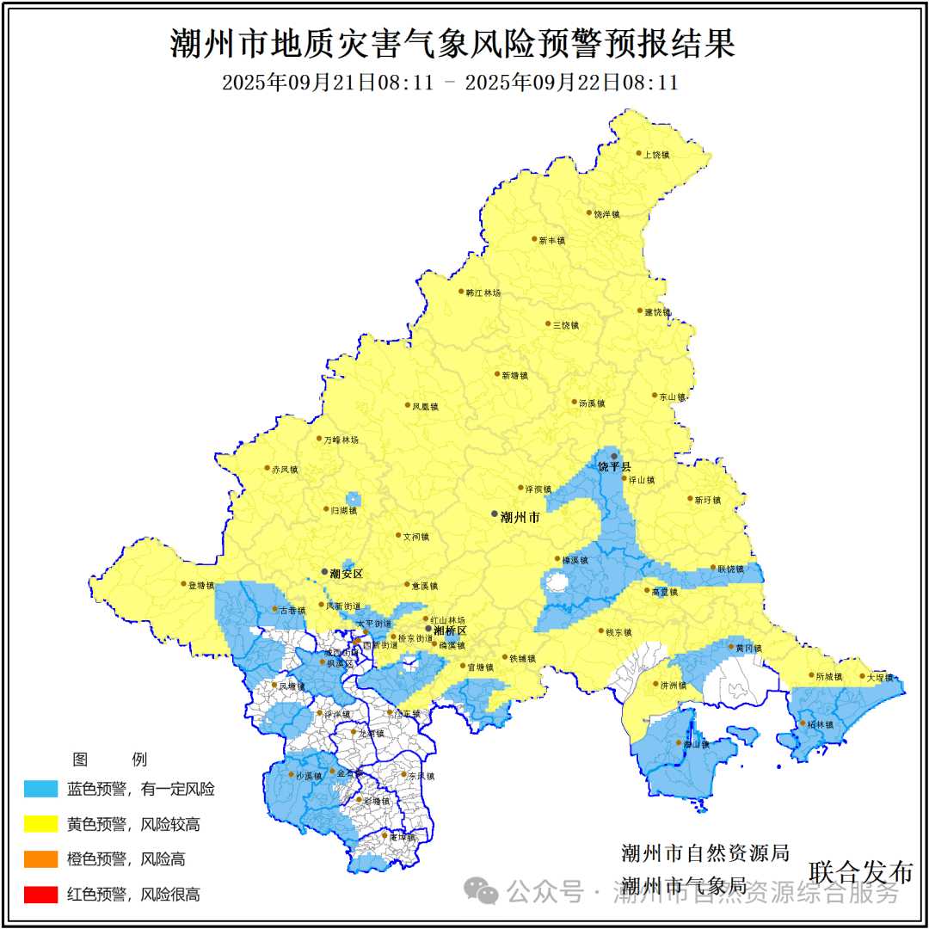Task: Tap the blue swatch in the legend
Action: (x=40, y=789)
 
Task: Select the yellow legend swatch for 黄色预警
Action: (x=40, y=824)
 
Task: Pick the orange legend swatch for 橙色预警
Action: (x=40, y=859)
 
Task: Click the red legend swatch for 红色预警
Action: (x=40, y=895)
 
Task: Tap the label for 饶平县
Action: (x=614, y=466)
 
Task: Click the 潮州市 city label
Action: (x=520, y=518)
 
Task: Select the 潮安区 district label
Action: (x=347, y=574)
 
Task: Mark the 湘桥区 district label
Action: (x=450, y=631)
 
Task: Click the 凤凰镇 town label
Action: (x=426, y=406)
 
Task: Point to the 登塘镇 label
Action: (x=200, y=585)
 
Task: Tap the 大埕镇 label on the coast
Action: (x=880, y=678)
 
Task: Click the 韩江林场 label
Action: (x=483, y=293)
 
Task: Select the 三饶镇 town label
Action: (x=566, y=325)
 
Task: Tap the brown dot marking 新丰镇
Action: (x=534, y=239)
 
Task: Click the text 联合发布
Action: (x=860, y=871)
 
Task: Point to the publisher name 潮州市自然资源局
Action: (x=705, y=853)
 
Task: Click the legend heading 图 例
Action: (x=110, y=760)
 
